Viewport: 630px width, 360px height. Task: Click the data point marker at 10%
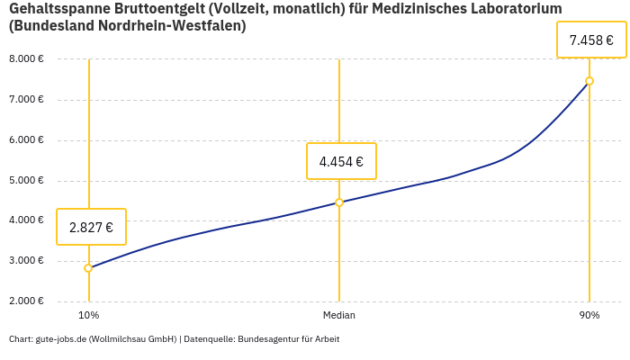[88, 268]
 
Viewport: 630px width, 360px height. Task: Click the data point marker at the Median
[339, 202]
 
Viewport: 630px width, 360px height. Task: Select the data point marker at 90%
[589, 81]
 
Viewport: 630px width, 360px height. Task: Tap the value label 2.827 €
[91, 228]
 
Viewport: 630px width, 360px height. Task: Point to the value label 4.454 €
[341, 162]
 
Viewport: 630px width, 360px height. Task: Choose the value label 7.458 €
[591, 40]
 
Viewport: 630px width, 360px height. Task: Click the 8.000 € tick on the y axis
[26, 59]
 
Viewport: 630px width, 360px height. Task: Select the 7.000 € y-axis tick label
[26, 100]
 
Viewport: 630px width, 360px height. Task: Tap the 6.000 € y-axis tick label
[26, 140]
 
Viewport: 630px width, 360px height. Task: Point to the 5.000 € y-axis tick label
[26, 181]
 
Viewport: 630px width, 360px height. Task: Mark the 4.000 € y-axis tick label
[26, 220]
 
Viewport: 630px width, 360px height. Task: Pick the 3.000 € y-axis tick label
[26, 261]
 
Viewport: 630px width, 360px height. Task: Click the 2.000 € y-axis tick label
[26, 301]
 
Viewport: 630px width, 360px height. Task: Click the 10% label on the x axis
[88, 316]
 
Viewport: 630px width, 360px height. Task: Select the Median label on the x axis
[339, 316]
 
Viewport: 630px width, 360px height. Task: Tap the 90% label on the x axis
[589, 316]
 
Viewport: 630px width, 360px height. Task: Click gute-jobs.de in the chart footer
[60, 339]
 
